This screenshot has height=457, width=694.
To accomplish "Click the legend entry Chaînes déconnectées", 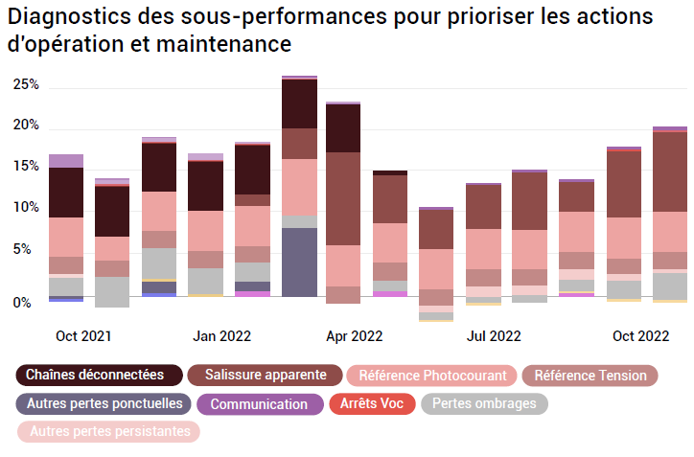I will tap(95, 375).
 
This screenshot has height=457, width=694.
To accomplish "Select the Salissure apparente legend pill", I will tap(264, 375).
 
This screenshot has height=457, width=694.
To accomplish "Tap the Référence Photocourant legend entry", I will tap(432, 376).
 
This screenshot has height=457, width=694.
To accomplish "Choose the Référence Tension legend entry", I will tap(590, 376).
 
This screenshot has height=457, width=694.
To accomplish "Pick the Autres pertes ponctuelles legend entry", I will tap(104, 403).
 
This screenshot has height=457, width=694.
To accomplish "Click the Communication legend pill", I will tap(259, 404).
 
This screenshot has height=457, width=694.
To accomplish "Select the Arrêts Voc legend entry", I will tap(371, 403).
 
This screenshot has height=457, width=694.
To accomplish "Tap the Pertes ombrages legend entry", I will tap(484, 403).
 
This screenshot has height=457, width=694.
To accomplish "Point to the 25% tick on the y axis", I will tap(26, 84).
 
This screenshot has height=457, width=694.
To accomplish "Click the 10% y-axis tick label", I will tap(26, 208).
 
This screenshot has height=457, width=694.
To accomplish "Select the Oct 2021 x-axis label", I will tap(83, 336).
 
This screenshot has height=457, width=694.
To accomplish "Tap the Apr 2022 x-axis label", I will tap(355, 336).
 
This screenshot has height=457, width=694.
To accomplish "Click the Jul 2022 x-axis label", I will tap(494, 336).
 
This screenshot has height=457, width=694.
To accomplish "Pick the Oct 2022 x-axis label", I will tap(641, 336).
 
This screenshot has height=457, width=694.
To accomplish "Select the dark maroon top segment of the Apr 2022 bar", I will tap(343, 127).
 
